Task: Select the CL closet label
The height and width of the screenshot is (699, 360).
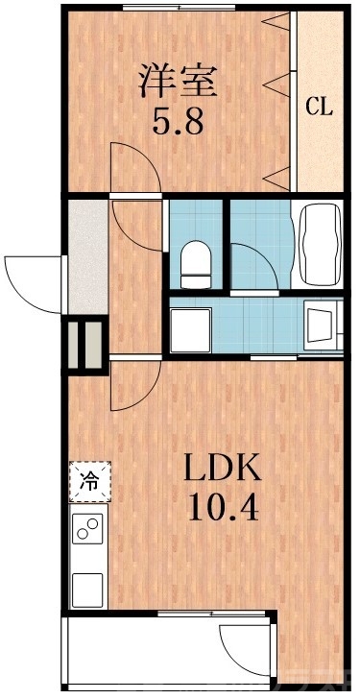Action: coord(319,107)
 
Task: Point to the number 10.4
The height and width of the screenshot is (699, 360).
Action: coord(222,506)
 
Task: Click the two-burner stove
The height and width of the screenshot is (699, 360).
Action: coord(88,529)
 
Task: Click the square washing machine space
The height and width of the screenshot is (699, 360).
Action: coord(192,328)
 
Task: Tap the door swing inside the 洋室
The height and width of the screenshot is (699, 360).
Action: coord(135,167)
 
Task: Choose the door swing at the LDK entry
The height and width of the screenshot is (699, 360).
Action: coord(132,385)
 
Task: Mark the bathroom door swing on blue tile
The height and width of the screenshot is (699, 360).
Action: coord(255,263)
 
